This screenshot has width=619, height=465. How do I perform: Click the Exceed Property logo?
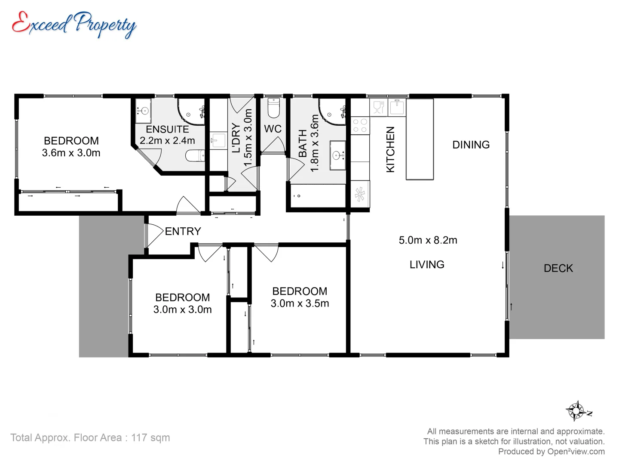[x=74, y=24]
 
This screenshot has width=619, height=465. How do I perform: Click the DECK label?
[x=558, y=268]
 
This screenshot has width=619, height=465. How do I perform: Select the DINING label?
[x=471, y=145]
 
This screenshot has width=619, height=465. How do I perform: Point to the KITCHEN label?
[x=390, y=149]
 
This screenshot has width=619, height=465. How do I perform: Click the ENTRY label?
[x=183, y=231]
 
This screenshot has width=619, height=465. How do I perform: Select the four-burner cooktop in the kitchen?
[x=360, y=125]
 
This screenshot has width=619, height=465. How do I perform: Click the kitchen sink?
[x=397, y=107]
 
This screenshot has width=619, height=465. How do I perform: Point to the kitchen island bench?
[x=420, y=139]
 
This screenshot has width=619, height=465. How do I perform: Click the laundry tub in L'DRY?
[x=218, y=140]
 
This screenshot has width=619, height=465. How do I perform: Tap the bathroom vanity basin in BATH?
[x=338, y=155]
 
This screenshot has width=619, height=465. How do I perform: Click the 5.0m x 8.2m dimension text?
[x=428, y=240]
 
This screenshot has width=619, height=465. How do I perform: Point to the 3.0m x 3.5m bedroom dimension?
[x=300, y=304]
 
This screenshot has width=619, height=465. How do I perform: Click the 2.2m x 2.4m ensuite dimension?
[x=167, y=141]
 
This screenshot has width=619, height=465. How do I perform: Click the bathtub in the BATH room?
[x=318, y=196]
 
